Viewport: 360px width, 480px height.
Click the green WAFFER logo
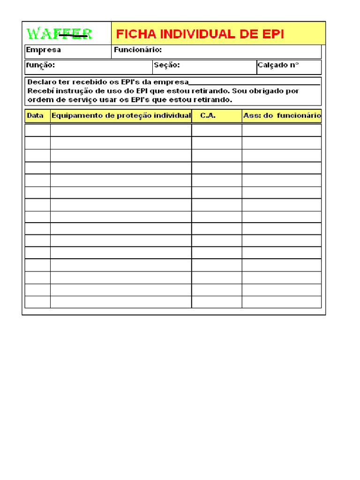click(59, 33)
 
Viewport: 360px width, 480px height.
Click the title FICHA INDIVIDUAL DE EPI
click(200, 34)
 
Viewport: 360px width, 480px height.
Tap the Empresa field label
click(43, 50)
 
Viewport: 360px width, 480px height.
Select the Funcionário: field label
click(138, 50)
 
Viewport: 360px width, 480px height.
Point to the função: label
click(40, 65)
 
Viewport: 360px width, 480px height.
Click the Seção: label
click(167, 65)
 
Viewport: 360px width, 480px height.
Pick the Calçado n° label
click(278, 65)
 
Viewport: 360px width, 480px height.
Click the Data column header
click(35, 115)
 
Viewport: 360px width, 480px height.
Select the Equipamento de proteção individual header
click(121, 115)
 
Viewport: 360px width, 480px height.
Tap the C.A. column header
click(208, 115)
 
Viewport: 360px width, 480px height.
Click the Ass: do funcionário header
click(282, 115)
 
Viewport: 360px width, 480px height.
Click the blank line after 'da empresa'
click(255, 83)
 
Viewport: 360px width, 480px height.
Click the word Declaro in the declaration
click(41, 82)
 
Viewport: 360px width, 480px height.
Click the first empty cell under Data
click(37, 130)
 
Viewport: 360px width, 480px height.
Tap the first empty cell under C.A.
click(217, 130)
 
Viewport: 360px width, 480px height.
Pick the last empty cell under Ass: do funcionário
click(282, 302)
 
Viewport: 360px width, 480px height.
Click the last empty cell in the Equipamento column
click(121, 302)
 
